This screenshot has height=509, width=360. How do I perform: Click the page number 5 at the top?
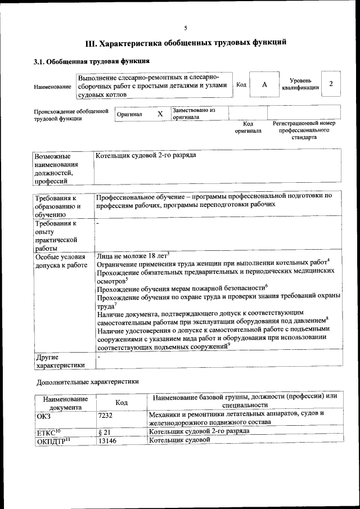click(x=185, y=28)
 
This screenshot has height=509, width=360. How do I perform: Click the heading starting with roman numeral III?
click(x=186, y=43)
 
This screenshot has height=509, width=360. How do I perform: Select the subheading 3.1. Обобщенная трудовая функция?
click(x=91, y=61)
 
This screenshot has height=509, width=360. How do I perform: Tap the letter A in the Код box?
click(x=263, y=84)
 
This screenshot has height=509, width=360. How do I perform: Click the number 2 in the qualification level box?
click(x=331, y=84)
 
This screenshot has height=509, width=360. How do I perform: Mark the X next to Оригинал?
click(x=160, y=114)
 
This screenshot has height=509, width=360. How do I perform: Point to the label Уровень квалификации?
click(x=301, y=84)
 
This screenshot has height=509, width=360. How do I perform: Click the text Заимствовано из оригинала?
click(x=194, y=114)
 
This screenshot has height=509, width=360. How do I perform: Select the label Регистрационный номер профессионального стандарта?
click(x=304, y=130)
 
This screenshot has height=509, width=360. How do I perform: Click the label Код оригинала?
click(x=248, y=127)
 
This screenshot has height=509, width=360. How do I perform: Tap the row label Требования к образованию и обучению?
click(x=58, y=206)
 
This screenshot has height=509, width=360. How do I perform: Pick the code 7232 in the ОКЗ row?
click(x=106, y=416)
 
